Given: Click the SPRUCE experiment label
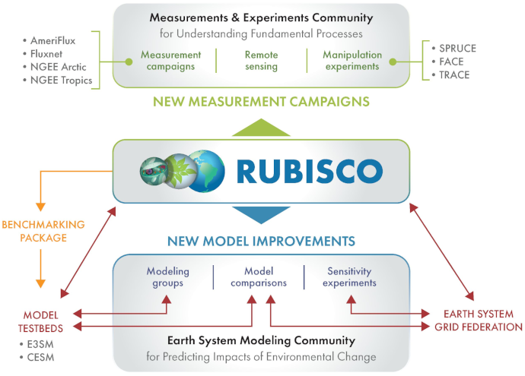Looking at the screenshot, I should click(460, 47).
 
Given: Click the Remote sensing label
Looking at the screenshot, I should click(261, 61).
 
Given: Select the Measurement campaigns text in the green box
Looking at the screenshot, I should click(170, 61).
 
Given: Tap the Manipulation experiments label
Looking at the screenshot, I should click(352, 61).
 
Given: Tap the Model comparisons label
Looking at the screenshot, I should click(260, 276).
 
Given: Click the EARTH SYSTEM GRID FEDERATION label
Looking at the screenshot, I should click(478, 320).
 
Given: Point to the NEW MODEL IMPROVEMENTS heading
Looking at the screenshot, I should click(261, 242).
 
